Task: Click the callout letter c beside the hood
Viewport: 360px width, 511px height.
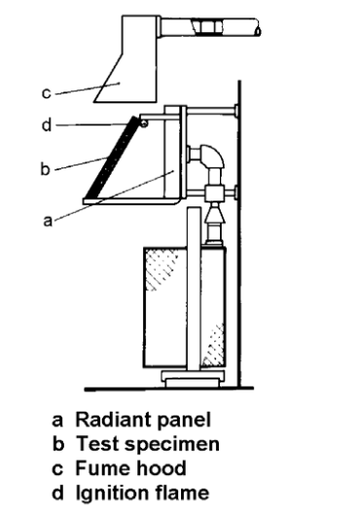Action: pyautogui.click(x=47, y=93)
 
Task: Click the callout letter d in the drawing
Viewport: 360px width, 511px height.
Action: pyautogui.click(x=47, y=126)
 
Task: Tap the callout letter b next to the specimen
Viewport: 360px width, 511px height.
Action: pyautogui.click(x=46, y=168)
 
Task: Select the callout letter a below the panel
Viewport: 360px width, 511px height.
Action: pyautogui.click(x=48, y=221)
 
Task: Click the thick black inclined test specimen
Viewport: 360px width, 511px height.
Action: pyautogui.click(x=112, y=158)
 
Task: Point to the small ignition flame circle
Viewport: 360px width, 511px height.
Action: pyautogui.click(x=144, y=123)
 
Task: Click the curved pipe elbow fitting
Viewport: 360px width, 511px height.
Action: pyautogui.click(x=211, y=157)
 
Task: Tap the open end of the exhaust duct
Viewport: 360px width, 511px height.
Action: pyautogui.click(x=258, y=31)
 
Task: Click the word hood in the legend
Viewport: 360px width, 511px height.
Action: pyautogui.click(x=161, y=468)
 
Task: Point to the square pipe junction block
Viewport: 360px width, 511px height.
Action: pyautogui.click(x=215, y=194)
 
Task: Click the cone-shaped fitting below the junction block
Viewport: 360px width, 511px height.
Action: pyautogui.click(x=214, y=214)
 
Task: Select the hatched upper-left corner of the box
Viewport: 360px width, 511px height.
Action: pyautogui.click(x=161, y=268)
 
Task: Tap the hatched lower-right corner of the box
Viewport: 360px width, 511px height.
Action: pyautogui.click(x=213, y=346)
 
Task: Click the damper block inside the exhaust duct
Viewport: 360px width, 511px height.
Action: pyautogui.click(x=209, y=27)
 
